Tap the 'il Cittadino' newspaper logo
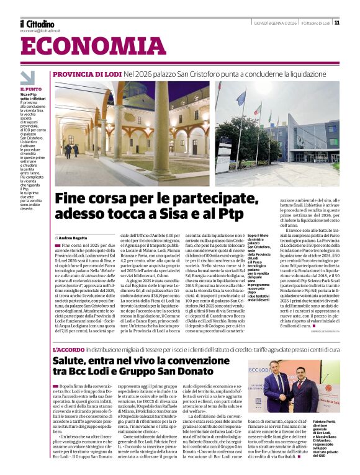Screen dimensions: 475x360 tap(37, 24)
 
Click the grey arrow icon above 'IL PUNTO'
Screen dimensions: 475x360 tap(27, 78)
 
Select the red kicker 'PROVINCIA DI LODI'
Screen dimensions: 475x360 tap(87, 74)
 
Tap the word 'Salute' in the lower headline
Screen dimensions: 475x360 tap(72, 361)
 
